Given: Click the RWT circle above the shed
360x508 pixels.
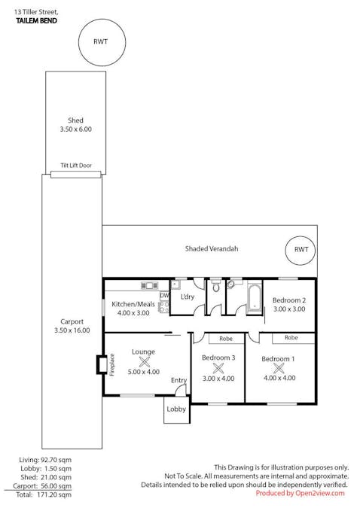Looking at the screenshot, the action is coord(102,19).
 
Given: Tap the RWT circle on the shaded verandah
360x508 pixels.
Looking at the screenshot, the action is coord(301,236).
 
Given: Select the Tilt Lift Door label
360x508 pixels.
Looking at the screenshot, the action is coord(76,166).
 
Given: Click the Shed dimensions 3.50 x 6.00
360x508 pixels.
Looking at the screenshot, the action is coord(76,129).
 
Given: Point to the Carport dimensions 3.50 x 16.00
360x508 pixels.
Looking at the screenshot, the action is coord(72,330).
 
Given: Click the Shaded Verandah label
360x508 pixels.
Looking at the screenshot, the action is coord(212,249).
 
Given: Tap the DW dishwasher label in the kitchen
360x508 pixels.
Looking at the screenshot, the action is coord(164,296).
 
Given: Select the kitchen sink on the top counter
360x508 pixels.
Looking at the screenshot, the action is coord(149,285).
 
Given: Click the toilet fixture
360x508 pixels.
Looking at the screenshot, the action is coord(216,286).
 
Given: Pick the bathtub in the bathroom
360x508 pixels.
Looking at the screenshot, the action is coord(255,298).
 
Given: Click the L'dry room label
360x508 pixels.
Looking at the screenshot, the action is coord(188,297).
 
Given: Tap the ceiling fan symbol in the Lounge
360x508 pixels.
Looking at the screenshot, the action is coord(144,362).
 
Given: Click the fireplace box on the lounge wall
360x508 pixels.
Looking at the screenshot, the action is coord(102,365).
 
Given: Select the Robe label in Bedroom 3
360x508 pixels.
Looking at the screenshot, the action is coord(226,339).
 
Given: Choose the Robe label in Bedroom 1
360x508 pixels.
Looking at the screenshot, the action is coord(291,338).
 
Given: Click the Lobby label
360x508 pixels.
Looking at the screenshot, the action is coord(176,409).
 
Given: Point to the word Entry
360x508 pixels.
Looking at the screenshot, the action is coord(179,380).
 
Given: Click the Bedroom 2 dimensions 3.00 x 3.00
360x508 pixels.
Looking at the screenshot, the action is coord(289,309).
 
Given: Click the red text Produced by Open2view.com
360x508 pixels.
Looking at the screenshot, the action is coord(300,494).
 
